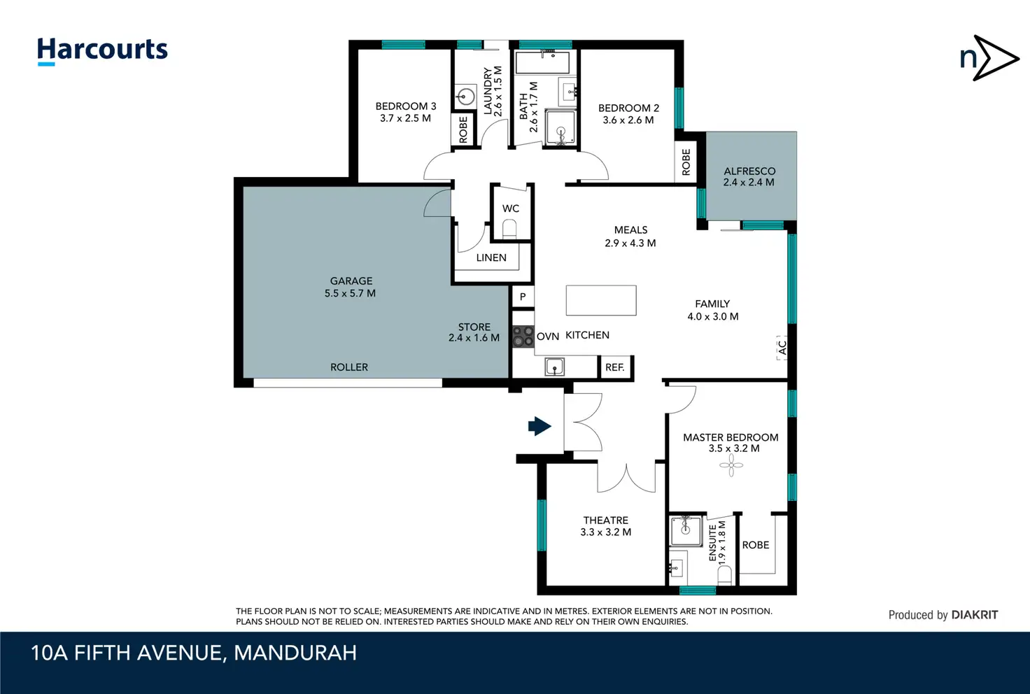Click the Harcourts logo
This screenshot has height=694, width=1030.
[x=102, y=51]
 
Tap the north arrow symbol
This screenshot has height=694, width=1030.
[x=989, y=58]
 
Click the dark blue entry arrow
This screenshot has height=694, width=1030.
[x=539, y=426]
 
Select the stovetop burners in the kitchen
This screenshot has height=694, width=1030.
[x=523, y=336]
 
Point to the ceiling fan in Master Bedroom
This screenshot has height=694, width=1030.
[x=731, y=465]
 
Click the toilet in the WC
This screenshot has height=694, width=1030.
[x=509, y=229]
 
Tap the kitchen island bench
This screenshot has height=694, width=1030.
[x=601, y=300]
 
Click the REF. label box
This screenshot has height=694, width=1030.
[x=615, y=367]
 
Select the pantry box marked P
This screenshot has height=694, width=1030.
[x=523, y=297]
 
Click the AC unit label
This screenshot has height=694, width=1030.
[x=782, y=348]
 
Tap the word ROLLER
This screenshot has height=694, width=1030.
[x=349, y=367]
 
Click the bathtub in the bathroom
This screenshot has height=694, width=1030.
[x=542, y=62]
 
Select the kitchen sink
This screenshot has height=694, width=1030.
[x=555, y=367]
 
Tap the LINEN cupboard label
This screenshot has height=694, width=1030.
[x=491, y=258]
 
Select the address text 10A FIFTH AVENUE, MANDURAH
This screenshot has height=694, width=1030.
[x=194, y=653]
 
